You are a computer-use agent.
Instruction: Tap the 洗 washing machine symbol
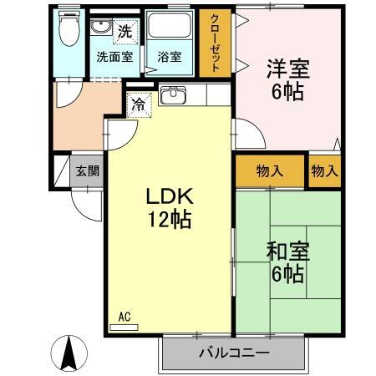(x=124, y=32)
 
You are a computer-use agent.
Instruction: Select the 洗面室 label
(x=114, y=58)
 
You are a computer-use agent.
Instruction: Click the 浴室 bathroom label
(x=169, y=58)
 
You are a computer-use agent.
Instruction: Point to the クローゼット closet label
(x=215, y=43)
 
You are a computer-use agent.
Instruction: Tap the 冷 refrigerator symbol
(x=137, y=107)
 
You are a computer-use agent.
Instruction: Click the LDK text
(x=170, y=197)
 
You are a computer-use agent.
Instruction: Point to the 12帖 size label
(x=170, y=220)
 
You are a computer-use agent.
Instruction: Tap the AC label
(x=124, y=317)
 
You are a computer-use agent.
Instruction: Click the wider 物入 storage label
(x=269, y=171)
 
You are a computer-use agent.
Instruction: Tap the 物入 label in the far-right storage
(x=324, y=171)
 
